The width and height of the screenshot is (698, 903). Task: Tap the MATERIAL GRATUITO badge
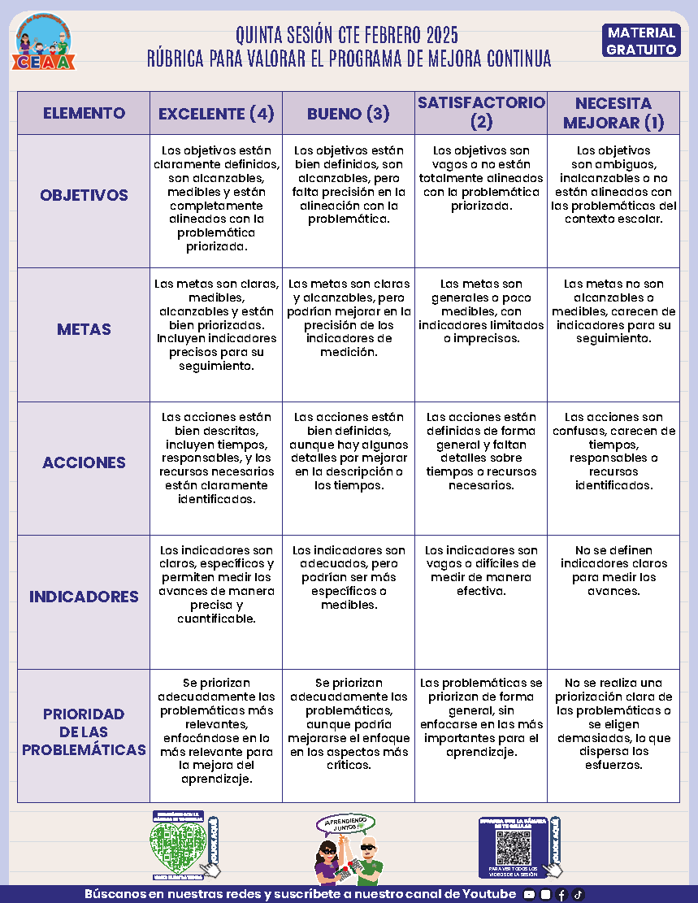tap(642, 41)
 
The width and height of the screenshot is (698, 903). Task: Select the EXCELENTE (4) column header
tap(216, 114)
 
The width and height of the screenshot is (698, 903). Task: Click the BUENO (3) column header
tap(349, 114)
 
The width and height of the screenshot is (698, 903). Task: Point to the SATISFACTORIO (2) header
tap(481, 112)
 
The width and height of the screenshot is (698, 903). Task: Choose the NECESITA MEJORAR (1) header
tap(613, 113)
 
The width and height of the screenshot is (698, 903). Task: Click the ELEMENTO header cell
tap(84, 113)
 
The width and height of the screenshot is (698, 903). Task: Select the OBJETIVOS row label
tap(84, 196)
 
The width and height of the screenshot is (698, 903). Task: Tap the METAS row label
tap(84, 330)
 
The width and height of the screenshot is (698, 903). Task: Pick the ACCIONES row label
tap(84, 463)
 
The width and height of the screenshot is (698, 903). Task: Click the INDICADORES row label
tap(84, 597)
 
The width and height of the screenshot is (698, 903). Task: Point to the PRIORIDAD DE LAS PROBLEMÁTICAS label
tap(84, 732)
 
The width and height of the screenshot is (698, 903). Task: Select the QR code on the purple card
tap(514, 848)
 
